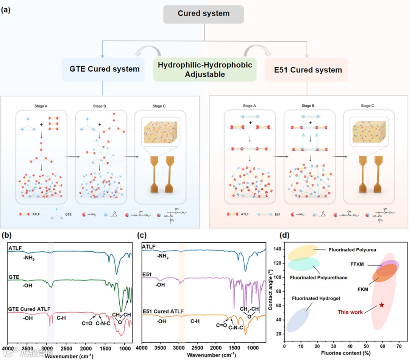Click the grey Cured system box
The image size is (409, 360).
point(204,14)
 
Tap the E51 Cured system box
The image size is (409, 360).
point(306,70)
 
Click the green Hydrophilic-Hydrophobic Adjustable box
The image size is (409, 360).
point(204,70)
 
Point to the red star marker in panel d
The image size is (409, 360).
point(382,305)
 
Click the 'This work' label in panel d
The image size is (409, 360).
point(350,312)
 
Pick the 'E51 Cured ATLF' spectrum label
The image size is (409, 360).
point(163,311)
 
